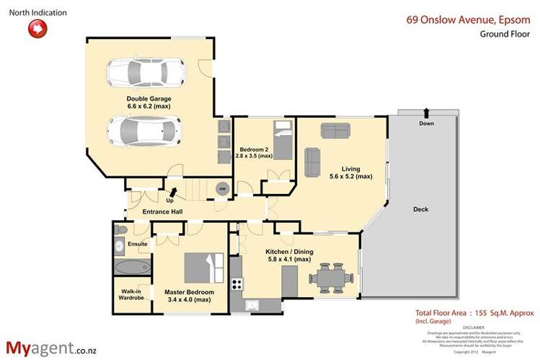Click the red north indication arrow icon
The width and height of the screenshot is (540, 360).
[x=37, y=29]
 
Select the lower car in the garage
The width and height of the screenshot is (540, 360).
[x=144, y=131]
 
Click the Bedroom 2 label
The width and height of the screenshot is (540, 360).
[x=255, y=152]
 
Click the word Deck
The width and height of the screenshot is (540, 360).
[x=421, y=209]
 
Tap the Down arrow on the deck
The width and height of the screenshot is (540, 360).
[x=426, y=113]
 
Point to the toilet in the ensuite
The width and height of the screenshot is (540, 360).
[x=121, y=230]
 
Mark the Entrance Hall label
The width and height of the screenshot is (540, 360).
[x=162, y=211]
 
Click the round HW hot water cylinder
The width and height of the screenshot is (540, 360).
[x=222, y=188]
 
